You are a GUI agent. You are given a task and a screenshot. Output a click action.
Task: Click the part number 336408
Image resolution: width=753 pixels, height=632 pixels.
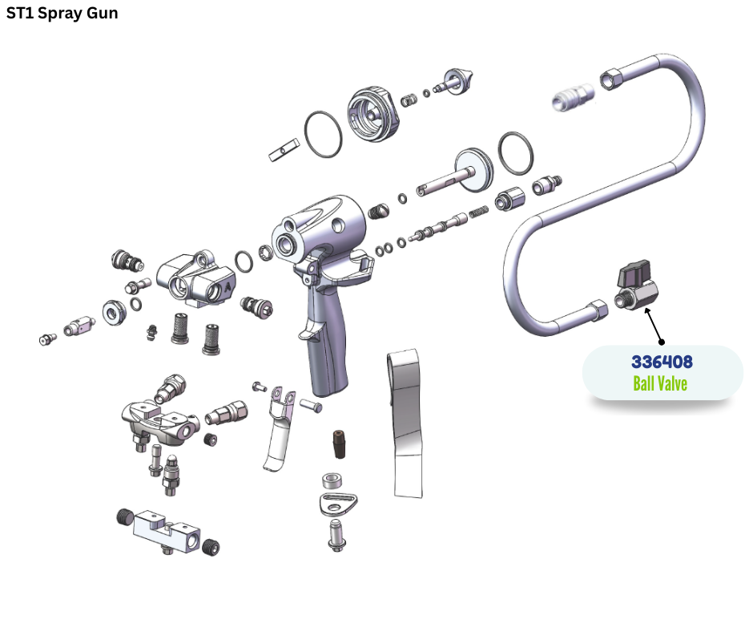662,362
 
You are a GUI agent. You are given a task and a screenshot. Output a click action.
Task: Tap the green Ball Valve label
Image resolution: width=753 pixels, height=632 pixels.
660,384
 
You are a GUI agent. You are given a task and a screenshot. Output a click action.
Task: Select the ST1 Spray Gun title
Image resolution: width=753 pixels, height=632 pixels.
62,13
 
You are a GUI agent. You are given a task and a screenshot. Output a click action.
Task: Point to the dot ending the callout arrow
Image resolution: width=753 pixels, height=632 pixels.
662,342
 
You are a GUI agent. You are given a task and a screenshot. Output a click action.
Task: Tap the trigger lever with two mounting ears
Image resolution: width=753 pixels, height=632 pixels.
280,428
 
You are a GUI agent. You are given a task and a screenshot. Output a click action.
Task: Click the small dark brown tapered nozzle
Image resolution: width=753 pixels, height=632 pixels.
339,444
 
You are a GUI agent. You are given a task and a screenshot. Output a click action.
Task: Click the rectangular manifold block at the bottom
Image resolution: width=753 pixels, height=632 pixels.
166,532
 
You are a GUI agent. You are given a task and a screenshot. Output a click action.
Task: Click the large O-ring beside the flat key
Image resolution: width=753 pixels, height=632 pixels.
323,134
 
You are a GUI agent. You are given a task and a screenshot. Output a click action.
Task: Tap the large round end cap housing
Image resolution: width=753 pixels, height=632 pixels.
373,114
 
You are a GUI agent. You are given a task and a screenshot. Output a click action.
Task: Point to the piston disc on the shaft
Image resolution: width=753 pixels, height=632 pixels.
473,169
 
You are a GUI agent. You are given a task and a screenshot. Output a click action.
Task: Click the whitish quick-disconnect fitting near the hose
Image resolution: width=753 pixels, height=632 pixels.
573,95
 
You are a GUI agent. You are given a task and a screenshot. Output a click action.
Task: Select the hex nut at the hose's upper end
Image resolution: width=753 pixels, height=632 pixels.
611,78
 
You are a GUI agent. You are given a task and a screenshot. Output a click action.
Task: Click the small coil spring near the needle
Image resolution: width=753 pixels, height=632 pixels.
478,212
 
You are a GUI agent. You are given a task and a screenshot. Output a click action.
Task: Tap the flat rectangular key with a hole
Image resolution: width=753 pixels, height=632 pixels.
284,150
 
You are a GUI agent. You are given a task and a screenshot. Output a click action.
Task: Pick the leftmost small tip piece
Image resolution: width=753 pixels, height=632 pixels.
47,339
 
